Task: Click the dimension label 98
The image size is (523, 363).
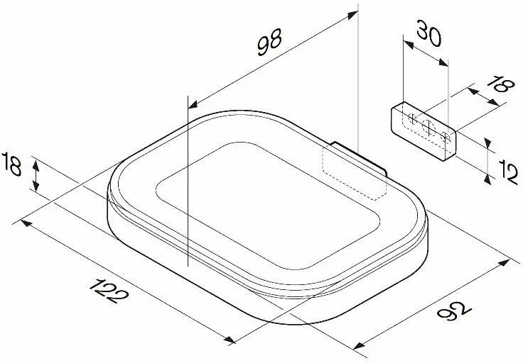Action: click(269, 42)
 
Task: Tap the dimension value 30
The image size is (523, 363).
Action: click(429, 33)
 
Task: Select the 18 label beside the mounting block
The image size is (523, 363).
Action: click(501, 84)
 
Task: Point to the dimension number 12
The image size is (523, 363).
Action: click(508, 172)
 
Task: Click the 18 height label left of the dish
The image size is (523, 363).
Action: click(11, 164)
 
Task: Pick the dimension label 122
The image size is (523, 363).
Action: click(109, 291)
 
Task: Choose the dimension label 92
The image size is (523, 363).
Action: click(454, 311)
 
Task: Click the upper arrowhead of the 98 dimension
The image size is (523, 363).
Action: click(352, 14)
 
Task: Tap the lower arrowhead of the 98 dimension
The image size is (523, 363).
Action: click(193, 104)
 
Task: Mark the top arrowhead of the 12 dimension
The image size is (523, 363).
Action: click(487, 143)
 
